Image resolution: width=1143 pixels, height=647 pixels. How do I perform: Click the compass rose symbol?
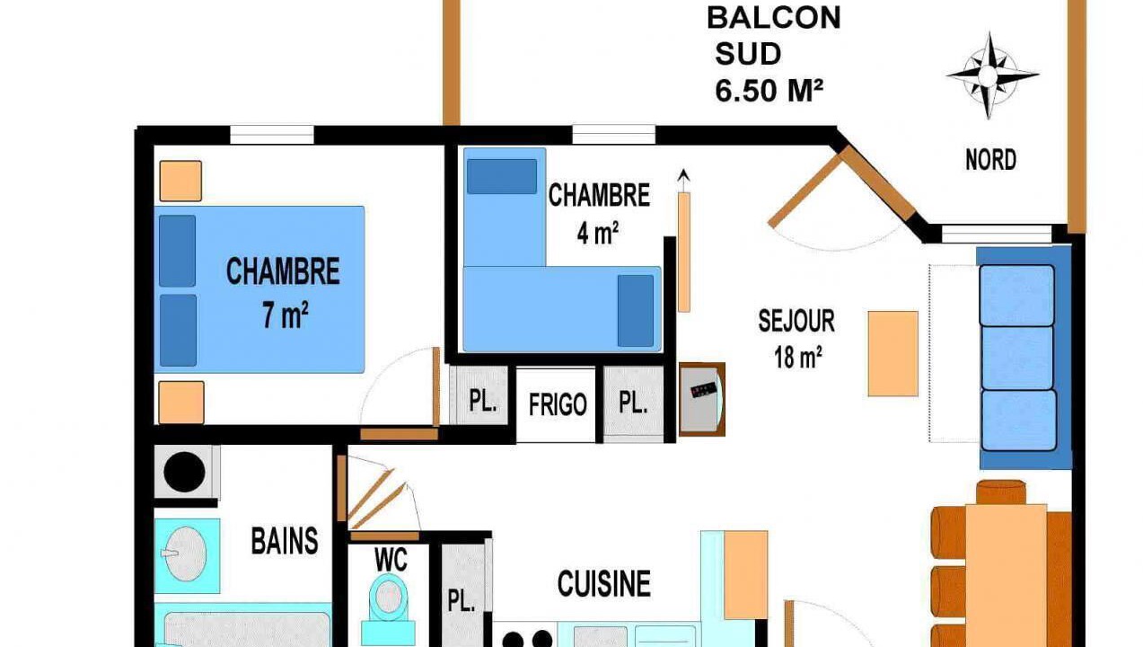point(990,75)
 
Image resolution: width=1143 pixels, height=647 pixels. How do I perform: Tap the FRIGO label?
point(558,405)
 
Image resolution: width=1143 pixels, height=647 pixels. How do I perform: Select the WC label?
point(391,560)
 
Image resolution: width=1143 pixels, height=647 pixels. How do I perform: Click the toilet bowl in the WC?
point(389,596)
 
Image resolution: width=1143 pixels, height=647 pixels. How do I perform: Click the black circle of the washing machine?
point(184,472)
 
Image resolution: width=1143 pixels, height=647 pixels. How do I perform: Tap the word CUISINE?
point(603,584)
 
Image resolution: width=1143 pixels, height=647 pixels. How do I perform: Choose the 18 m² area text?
point(798,358)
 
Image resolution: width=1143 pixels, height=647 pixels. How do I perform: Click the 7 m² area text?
point(286,315)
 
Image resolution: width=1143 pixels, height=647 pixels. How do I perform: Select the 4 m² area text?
point(597,233)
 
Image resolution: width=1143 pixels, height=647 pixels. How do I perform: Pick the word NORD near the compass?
point(990,160)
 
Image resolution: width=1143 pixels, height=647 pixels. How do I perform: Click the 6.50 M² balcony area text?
point(769,91)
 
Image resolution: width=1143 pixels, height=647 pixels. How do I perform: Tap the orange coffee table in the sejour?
point(893,354)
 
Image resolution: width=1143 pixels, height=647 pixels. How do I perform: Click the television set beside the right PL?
point(701,399)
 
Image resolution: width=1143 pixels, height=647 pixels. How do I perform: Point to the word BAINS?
point(285,541)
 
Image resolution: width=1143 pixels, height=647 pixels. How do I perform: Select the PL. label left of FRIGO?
point(483,401)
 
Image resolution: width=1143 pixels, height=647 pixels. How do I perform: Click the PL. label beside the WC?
point(462,600)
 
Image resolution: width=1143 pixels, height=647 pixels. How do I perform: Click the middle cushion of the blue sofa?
point(1017,358)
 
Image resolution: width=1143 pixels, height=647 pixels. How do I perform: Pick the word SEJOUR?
point(796,321)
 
